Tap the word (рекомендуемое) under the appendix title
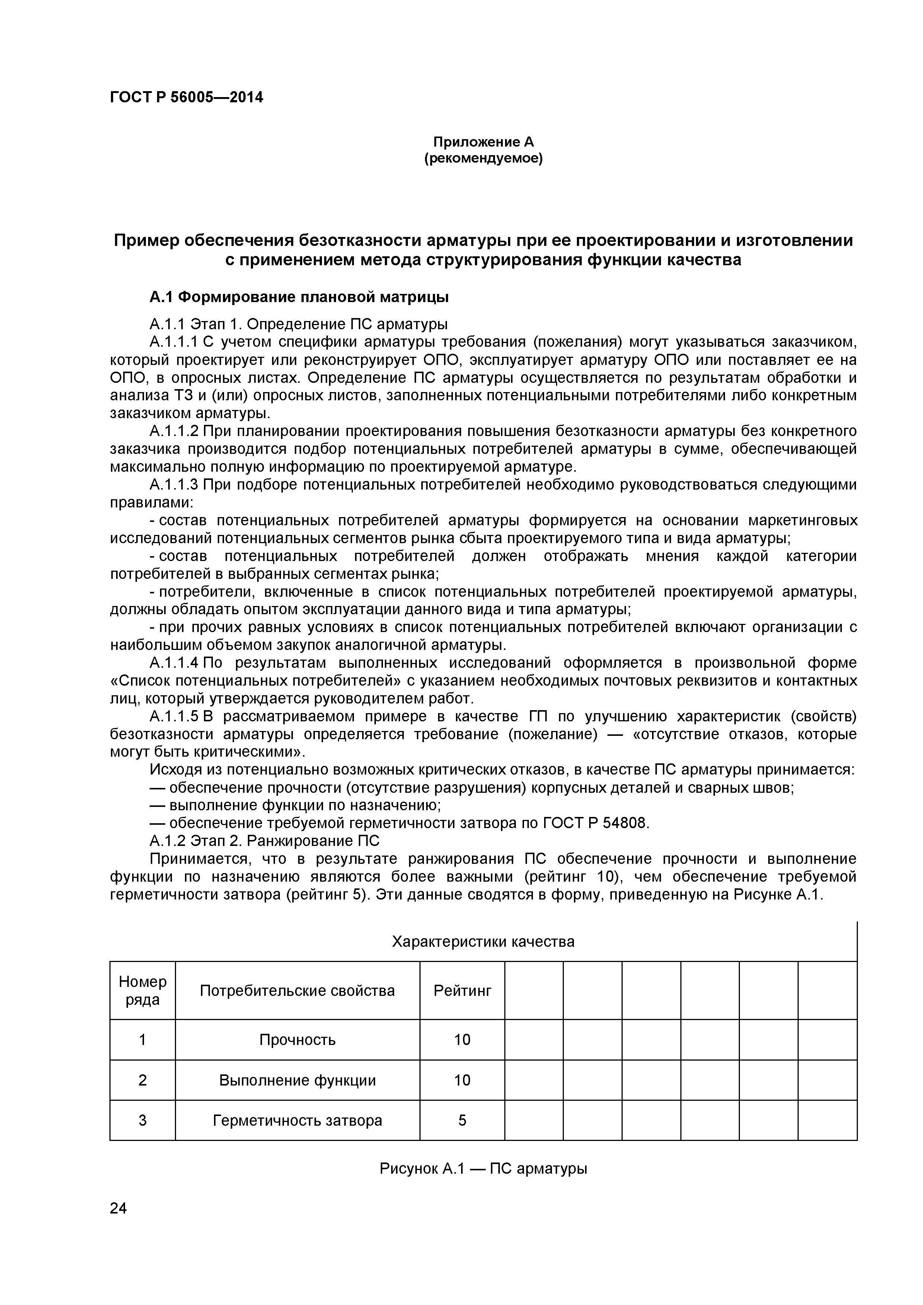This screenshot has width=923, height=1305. click(x=483, y=158)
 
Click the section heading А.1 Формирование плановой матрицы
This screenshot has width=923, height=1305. click(x=299, y=297)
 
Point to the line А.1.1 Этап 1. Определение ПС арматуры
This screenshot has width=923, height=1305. click(x=298, y=324)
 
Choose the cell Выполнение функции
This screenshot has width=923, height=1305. click(x=297, y=1080)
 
